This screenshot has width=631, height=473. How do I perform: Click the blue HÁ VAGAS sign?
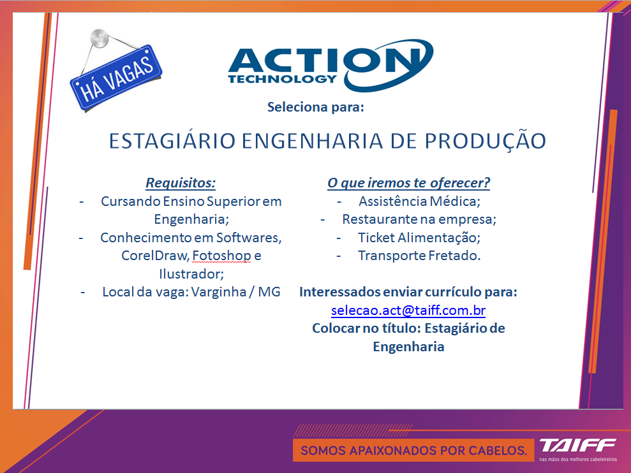pos(116,78)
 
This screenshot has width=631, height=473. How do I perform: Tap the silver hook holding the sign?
pos(99,38)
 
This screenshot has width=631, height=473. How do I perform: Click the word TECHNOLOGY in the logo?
pos(282,79)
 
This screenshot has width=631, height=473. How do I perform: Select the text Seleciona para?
pos(315,107)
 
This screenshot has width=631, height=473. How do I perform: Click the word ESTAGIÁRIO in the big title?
pos(172,141)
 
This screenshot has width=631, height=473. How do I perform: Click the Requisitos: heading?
pos(181,182)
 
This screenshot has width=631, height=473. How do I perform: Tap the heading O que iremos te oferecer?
pos(408,182)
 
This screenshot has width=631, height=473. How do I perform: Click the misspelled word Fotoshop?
pos(221,256)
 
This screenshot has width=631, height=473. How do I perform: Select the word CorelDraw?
pos(155,256)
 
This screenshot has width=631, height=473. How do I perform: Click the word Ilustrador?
pos(191,274)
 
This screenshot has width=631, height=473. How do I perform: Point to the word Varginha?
pos(218,292)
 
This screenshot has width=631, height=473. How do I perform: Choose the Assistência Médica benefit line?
pos(419,201)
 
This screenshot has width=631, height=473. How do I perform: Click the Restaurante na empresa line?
pos(419,219)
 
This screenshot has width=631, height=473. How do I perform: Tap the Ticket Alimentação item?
pos(419,238)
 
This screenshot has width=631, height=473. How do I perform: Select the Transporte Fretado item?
pos(419,256)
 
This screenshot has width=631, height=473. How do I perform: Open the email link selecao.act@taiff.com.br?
pos(408,310)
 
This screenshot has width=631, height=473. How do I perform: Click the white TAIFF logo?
pos(577,445)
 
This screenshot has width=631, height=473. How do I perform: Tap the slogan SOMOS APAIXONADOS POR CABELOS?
pos(413,451)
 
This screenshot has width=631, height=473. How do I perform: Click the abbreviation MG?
pos(269,292)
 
